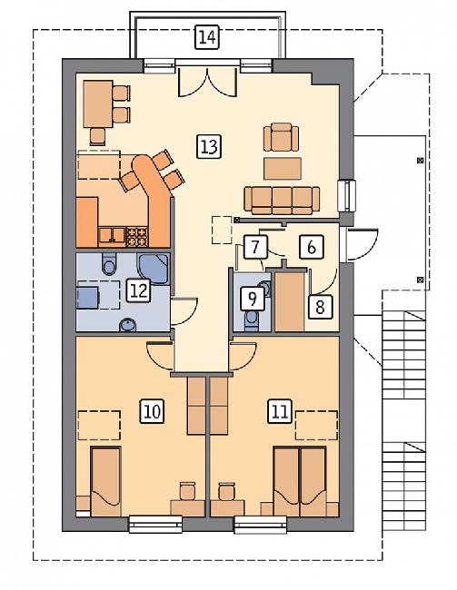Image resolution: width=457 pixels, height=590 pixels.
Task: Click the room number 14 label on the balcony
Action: [207, 37]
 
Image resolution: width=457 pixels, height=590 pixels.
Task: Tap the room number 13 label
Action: [209, 146]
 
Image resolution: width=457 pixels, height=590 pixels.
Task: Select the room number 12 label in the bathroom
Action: [138, 290]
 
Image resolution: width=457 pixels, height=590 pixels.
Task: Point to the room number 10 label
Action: [153, 411]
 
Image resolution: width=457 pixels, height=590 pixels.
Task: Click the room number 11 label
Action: [281, 411]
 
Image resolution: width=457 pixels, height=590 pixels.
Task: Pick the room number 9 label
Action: [253, 299]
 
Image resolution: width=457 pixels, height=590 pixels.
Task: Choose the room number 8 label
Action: [320, 307]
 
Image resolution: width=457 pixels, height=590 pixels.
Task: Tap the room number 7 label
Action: [255, 247]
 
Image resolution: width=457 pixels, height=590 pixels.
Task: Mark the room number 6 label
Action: [312, 247]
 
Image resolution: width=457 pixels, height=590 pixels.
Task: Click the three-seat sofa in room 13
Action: [282, 200]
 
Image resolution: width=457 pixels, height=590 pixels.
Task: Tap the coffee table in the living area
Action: [283, 169]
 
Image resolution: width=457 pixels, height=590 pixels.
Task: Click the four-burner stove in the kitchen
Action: [137, 236]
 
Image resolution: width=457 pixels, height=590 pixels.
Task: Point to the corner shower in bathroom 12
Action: [154, 269]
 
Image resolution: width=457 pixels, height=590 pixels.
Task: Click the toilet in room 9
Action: [251, 320]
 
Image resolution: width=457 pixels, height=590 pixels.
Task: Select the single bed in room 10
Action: [105, 481]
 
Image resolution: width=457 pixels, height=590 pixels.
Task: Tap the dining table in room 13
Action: [98, 103]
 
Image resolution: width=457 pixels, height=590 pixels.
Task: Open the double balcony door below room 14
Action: [207, 83]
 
